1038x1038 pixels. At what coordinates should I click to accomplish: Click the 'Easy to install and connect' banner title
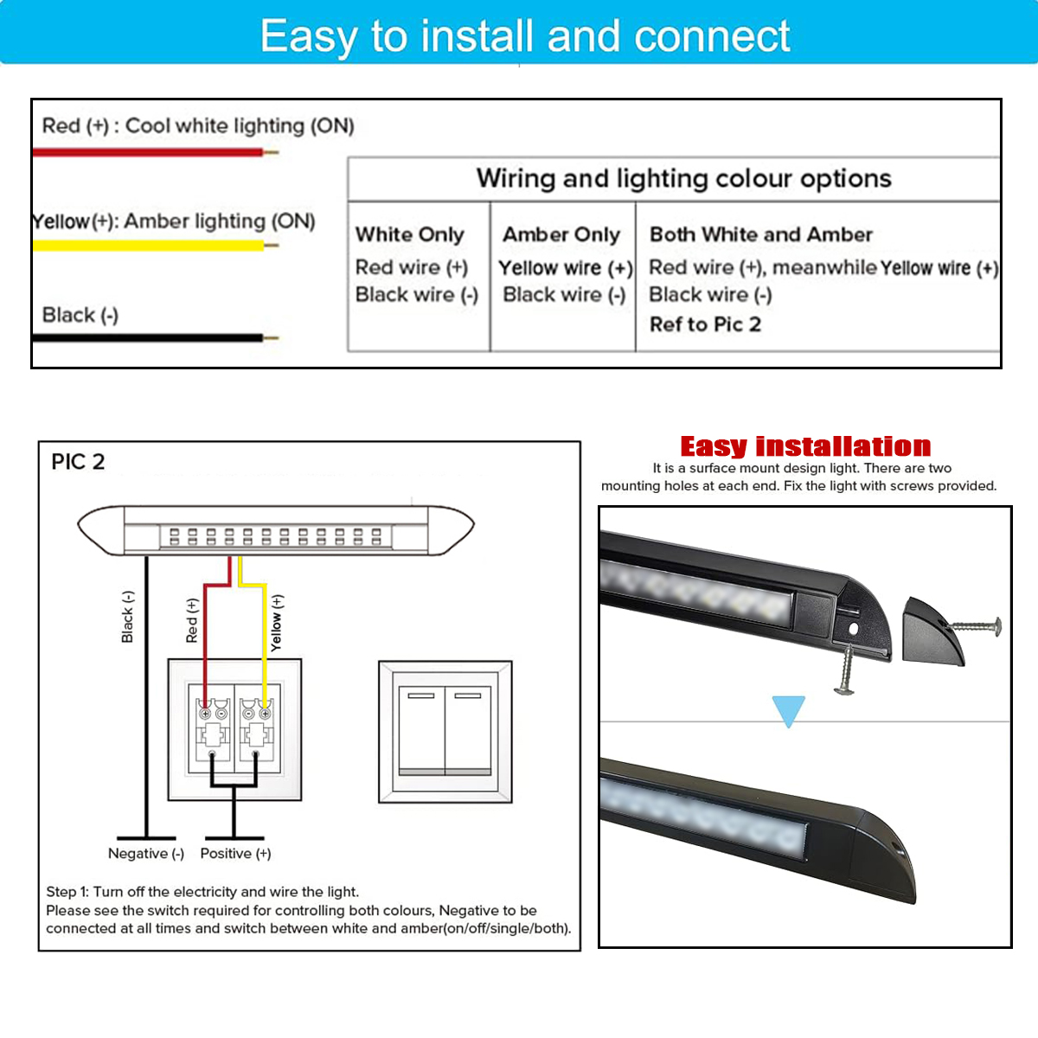[525, 36]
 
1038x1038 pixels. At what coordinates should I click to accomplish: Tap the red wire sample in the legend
[155, 152]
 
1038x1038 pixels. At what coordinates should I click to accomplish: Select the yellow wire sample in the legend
[155, 246]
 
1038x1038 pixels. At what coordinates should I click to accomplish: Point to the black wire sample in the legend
[155, 338]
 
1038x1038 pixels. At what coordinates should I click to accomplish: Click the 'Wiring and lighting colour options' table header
[683, 179]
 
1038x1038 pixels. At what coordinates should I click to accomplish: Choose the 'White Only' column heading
[409, 234]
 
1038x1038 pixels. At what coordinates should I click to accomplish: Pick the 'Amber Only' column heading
[561, 234]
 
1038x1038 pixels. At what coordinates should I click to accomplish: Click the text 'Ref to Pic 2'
[705, 324]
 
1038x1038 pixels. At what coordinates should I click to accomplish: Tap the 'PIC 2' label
[78, 462]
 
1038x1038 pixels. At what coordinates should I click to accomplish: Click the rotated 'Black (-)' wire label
[127, 617]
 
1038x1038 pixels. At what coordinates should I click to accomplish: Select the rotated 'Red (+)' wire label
[192, 620]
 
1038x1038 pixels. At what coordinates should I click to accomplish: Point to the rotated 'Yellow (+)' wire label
[276, 623]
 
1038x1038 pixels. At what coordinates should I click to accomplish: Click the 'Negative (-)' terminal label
[146, 853]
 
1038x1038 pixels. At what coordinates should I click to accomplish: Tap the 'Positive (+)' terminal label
[235, 853]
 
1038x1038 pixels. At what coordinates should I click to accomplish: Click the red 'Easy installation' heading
[805, 446]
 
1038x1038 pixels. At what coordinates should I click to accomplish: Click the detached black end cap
[932, 631]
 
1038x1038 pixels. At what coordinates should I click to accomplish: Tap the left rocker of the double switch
[422, 731]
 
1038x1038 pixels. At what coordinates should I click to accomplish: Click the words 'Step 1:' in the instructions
[67, 892]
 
